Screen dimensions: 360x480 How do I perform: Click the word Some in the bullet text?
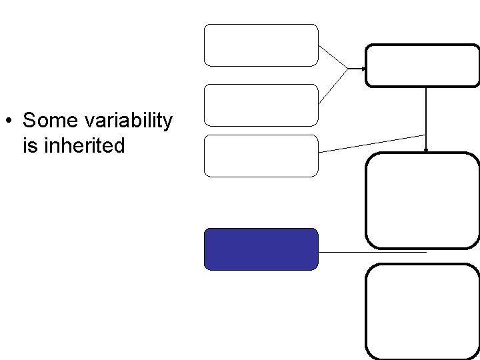[49, 121]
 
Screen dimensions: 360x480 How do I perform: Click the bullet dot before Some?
[7, 122]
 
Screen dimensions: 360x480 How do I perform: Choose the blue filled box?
[261, 249]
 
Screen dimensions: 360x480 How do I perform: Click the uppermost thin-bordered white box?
[261, 45]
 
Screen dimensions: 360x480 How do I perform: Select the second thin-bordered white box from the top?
[261, 105]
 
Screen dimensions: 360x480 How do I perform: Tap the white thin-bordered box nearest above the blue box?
[261, 155]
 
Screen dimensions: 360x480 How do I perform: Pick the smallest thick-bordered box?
[423, 65]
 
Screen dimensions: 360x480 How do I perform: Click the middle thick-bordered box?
[423, 201]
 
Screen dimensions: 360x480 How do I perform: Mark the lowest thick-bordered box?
[423, 311]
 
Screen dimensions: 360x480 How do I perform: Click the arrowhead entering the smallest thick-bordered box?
[362, 69]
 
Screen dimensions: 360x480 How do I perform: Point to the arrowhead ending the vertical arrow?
[427, 150]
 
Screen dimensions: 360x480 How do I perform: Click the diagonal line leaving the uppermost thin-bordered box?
[333, 57]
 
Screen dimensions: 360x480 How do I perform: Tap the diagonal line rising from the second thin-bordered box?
[333, 86]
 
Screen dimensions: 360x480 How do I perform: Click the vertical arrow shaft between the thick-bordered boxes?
[427, 113]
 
